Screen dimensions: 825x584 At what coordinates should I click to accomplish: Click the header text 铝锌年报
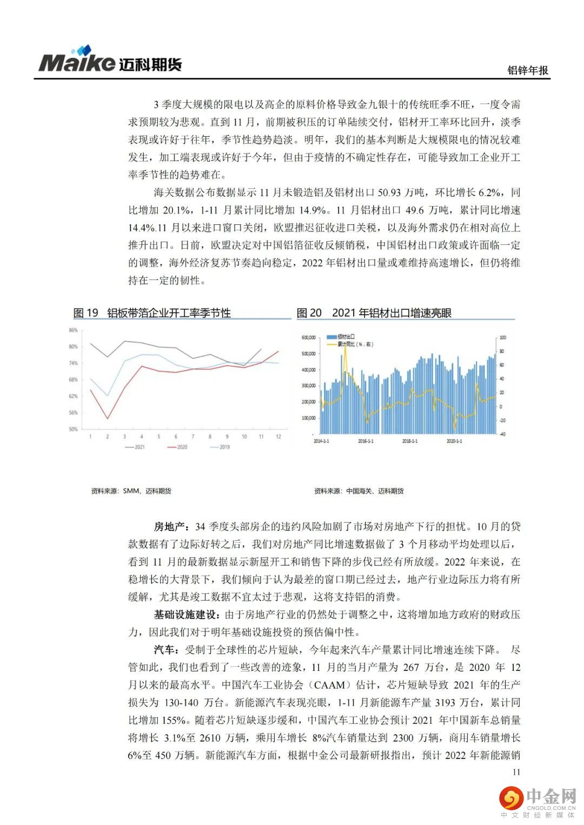(x=527, y=70)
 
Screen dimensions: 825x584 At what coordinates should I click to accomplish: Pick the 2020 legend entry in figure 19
(x=177, y=447)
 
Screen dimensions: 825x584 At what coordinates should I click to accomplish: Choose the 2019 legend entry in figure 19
(x=220, y=447)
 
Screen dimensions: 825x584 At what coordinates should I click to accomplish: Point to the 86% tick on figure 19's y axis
(x=73, y=330)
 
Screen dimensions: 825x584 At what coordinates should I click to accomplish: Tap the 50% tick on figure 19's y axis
(x=73, y=429)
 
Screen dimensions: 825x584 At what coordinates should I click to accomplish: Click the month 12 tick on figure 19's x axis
(x=278, y=436)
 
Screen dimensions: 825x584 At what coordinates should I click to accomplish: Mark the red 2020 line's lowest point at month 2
(x=108, y=418)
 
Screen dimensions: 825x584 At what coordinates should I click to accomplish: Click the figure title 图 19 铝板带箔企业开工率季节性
(x=152, y=313)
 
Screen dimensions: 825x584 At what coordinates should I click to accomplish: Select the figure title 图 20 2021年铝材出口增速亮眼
(x=374, y=313)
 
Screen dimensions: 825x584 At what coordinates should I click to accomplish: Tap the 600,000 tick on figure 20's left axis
(x=308, y=338)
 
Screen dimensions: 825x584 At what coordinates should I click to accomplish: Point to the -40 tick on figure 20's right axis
(x=502, y=434)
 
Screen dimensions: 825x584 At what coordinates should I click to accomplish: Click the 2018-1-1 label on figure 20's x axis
(x=410, y=441)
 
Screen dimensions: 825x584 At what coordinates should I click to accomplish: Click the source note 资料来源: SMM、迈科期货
(x=131, y=491)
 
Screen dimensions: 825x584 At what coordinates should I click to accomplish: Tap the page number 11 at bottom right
(x=516, y=771)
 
